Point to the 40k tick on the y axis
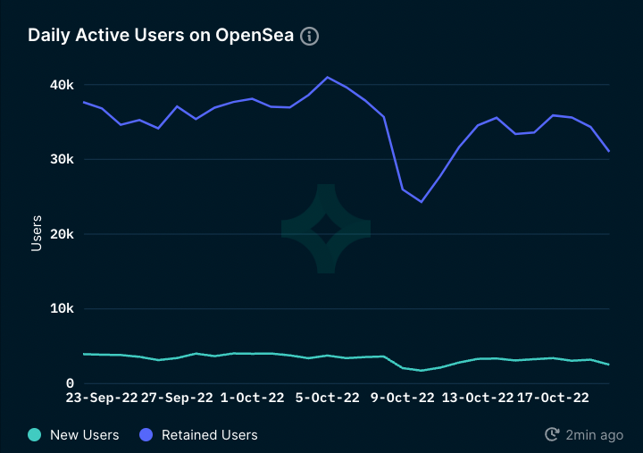[x=62, y=85]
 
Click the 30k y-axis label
[x=62, y=159]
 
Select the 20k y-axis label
[x=62, y=234]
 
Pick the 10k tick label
[x=62, y=309]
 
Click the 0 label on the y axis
[x=69, y=383]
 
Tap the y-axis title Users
[x=37, y=234]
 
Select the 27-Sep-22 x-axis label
[x=177, y=398]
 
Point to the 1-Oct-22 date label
[x=252, y=398]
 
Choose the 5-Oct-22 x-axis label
[x=327, y=398]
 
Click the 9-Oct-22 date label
[x=403, y=398]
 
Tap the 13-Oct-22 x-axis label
[x=478, y=398]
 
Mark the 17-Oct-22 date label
[x=554, y=398]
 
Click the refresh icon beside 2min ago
[x=552, y=435]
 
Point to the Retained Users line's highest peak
[x=327, y=77]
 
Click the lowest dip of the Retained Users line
[x=422, y=202]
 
